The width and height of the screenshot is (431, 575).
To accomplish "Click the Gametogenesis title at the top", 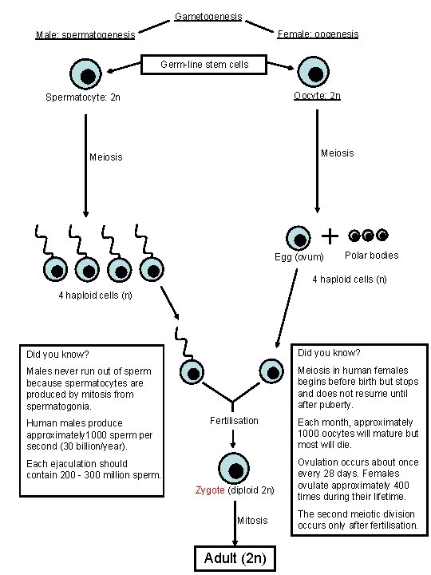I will click(x=208, y=17).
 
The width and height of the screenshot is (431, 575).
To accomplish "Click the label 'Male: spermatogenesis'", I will click(x=85, y=35).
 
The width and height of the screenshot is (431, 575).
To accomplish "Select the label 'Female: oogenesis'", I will click(x=317, y=34).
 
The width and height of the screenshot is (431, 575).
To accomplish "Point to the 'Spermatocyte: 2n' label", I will click(x=84, y=97).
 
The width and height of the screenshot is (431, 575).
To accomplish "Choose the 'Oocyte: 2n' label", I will click(x=317, y=96).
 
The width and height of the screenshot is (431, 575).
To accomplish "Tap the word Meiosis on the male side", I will click(x=105, y=157).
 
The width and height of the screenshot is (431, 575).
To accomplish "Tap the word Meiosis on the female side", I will click(x=337, y=153).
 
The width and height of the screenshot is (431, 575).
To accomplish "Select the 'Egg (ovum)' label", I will click(x=299, y=257).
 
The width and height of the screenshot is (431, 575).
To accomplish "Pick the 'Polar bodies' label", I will click(x=371, y=256).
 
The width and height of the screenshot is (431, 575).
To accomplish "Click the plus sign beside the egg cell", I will click(x=329, y=236).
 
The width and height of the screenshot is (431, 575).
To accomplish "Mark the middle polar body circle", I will click(x=367, y=236).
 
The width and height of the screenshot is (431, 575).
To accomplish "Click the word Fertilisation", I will click(x=234, y=420).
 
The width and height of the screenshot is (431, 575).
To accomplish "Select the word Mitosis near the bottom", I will click(x=252, y=521).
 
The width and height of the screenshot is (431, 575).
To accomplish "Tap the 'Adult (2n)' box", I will click(x=235, y=557).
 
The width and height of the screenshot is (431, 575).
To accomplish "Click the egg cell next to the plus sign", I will click(x=299, y=238).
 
